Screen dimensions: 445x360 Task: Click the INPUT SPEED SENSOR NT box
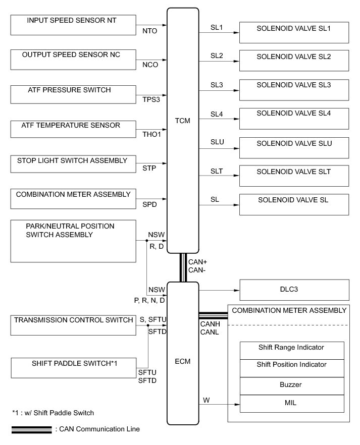tap(73, 25)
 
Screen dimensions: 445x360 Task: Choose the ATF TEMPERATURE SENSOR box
tap(73, 129)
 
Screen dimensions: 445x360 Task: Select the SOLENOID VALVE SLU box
tap(294, 148)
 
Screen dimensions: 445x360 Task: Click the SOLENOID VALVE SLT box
tap(294, 176)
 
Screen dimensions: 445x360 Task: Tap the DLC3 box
tap(294, 291)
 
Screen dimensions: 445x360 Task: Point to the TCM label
tap(183, 135)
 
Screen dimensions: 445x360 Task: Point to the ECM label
tap(183, 362)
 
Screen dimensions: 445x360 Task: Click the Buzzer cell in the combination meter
tap(291, 384)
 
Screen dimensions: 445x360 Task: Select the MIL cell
tap(291, 404)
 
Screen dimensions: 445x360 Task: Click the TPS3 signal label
tap(151, 99)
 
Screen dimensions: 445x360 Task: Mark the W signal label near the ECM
tap(207, 401)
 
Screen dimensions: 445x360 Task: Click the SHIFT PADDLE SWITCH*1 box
tap(73, 367)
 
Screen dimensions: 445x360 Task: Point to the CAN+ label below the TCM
tap(197, 262)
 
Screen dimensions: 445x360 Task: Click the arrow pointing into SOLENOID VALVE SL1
tap(235, 33)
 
